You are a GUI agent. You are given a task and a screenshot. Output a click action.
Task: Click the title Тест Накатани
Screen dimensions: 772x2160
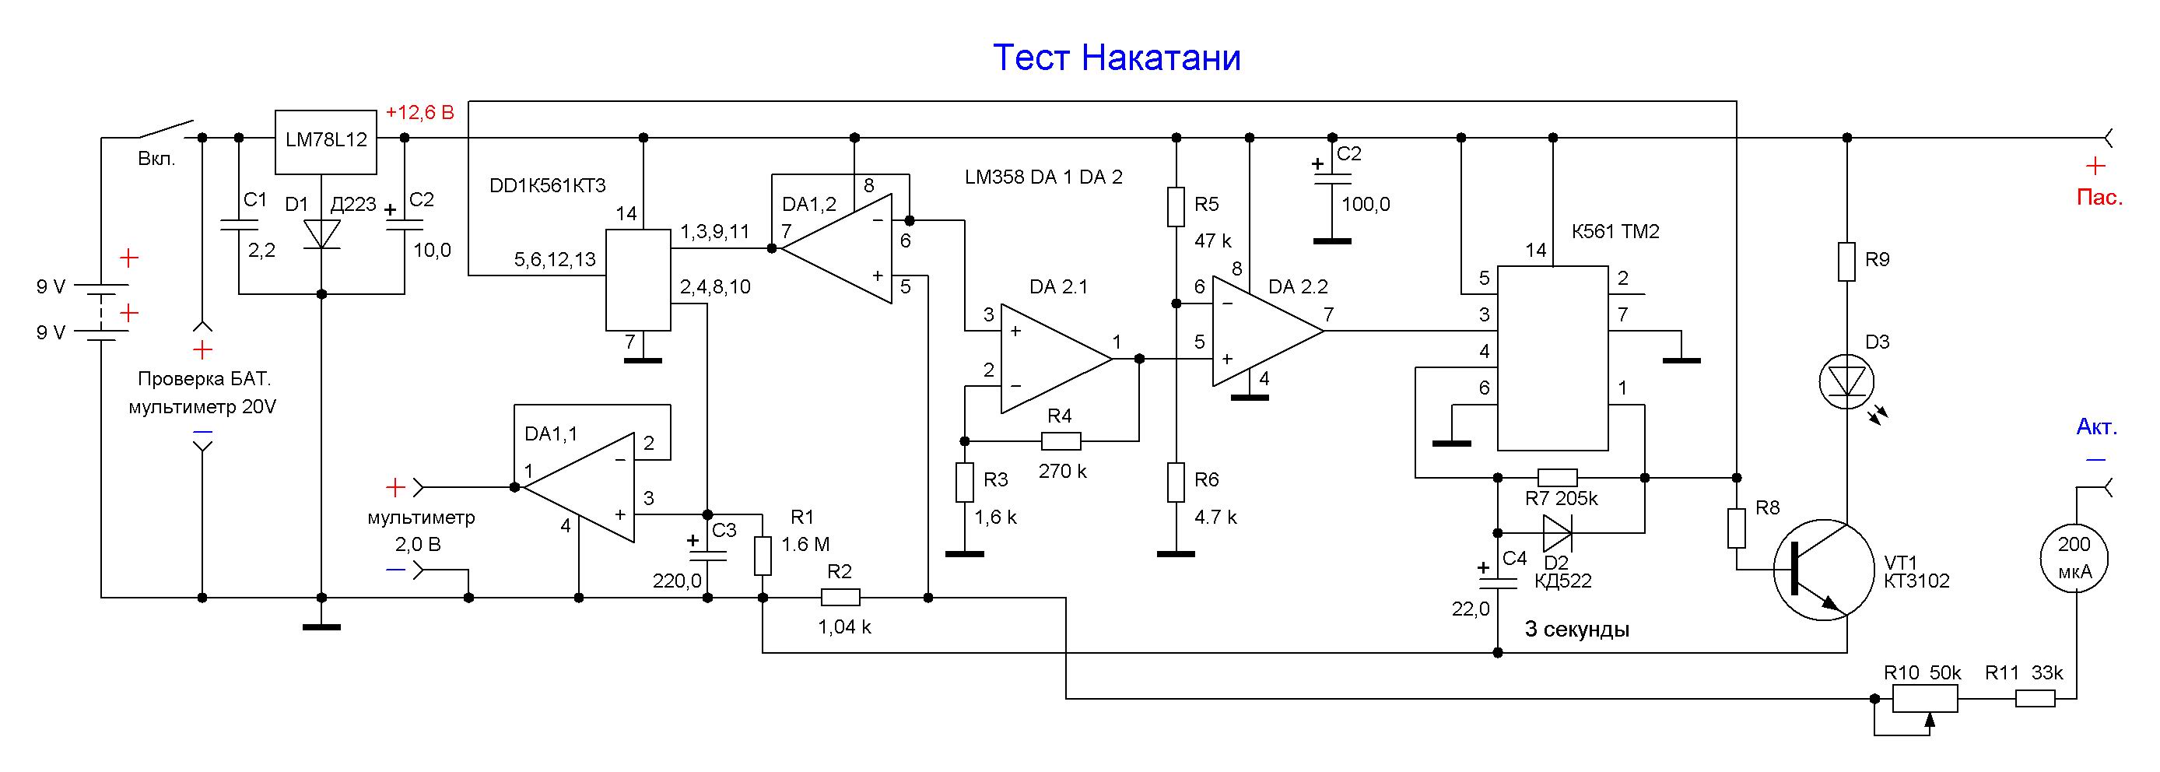pos(1116,58)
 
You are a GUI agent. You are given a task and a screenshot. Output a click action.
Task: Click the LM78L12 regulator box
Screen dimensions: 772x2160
pos(326,141)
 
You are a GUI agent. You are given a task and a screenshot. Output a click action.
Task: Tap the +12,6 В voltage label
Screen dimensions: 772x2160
pos(419,112)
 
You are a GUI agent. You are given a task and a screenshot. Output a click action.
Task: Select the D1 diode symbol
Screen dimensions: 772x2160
pos(321,234)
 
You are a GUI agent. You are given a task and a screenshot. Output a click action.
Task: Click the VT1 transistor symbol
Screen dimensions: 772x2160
pos(1824,570)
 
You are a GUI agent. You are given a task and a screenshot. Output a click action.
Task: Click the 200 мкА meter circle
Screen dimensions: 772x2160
pos(2074,557)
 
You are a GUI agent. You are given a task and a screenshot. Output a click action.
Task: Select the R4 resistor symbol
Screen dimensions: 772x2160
pos(1061,440)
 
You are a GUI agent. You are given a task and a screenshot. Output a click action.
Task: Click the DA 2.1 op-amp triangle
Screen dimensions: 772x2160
pos(1052,359)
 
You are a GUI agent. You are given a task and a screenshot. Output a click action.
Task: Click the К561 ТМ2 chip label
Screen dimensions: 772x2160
pos(1615,231)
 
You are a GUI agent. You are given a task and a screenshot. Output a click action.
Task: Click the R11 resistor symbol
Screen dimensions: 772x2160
pos(2035,698)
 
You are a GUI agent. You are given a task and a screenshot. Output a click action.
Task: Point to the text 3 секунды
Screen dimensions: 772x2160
pos(1576,629)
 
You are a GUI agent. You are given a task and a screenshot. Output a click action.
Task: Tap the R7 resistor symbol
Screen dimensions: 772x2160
pos(1557,478)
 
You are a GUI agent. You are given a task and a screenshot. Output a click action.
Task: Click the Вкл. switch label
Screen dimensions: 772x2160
pos(157,160)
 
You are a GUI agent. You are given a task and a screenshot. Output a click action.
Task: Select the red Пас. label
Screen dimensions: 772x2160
pos(2099,198)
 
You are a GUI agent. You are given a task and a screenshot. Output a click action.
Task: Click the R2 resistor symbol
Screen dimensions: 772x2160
pos(840,597)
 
